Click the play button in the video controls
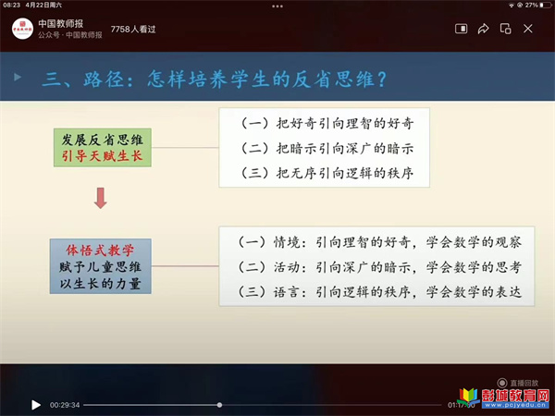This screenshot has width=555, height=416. click(36, 405)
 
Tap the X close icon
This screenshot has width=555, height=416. click(528, 29)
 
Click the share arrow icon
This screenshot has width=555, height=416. click(483, 29)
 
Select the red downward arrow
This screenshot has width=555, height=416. click(101, 198)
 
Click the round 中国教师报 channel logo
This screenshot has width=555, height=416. click(22, 29)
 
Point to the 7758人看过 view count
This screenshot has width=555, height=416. click(133, 29)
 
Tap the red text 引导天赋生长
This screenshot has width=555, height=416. click(102, 156)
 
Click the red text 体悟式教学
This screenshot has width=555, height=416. click(100, 251)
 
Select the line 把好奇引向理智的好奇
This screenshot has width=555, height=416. click(344, 123)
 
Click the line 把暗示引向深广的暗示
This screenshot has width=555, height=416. click(344, 148)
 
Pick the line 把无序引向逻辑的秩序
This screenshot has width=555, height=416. click(344, 173)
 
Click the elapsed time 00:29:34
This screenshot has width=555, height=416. click(65, 405)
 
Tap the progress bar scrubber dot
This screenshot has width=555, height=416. click(219, 405)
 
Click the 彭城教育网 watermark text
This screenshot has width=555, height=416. click(515, 395)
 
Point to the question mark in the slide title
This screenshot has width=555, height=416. click(382, 79)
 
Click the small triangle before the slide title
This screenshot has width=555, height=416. click(18, 77)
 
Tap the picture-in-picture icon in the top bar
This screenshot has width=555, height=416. click(461, 29)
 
